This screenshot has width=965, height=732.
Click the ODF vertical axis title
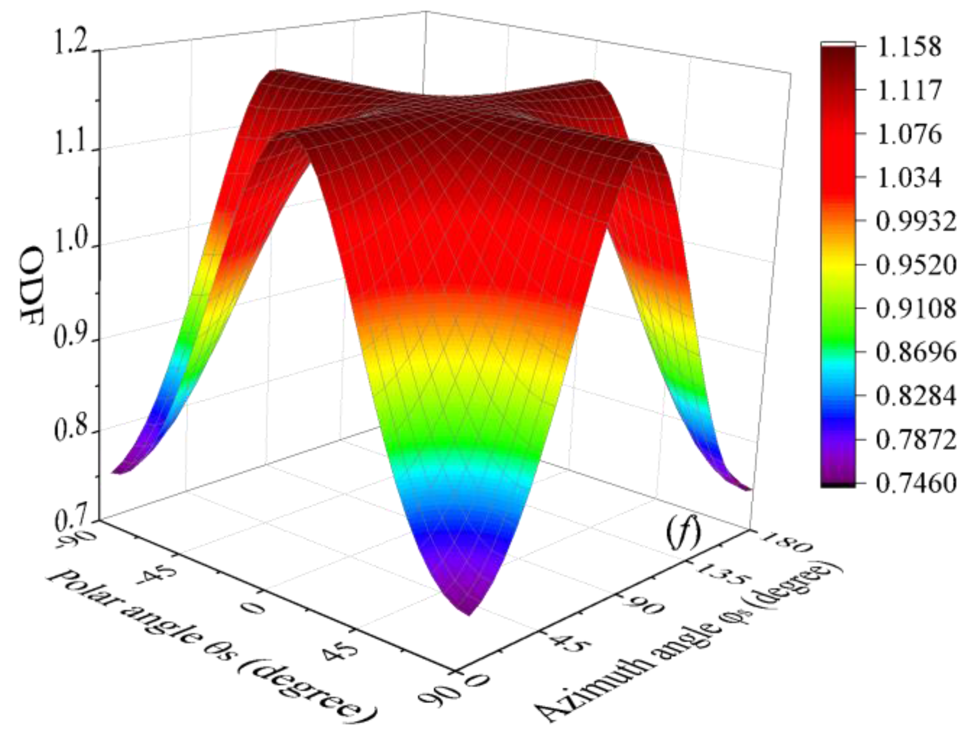pos(32,285)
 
